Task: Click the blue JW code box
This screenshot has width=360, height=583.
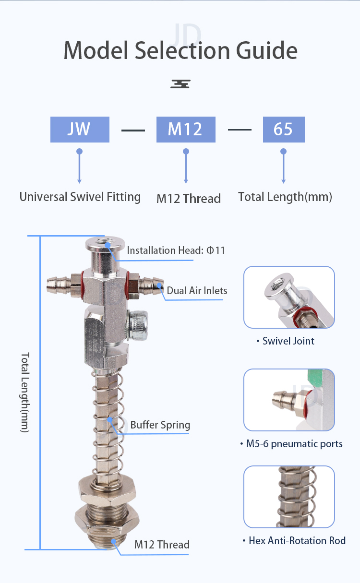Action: point(80,130)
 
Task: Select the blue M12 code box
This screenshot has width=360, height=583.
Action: point(186,130)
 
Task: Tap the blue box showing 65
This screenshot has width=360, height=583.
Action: point(284,130)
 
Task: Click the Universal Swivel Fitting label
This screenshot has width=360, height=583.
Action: point(80,197)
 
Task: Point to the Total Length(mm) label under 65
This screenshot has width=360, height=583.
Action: point(285,197)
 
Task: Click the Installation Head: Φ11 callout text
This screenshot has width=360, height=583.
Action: point(176,250)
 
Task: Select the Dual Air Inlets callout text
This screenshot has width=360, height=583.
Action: point(197,290)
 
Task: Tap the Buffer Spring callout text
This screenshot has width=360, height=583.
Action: point(160,425)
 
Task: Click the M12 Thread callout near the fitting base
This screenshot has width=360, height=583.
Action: point(162,545)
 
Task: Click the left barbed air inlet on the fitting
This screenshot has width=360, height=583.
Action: point(58,285)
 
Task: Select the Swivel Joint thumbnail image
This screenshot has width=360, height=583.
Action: point(289,297)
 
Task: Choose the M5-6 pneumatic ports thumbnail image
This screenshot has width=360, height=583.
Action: point(289,400)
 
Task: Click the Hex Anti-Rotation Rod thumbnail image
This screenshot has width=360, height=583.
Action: point(289,497)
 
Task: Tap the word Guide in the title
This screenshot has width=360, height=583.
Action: point(267,50)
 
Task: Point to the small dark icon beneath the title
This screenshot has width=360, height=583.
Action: point(180,84)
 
